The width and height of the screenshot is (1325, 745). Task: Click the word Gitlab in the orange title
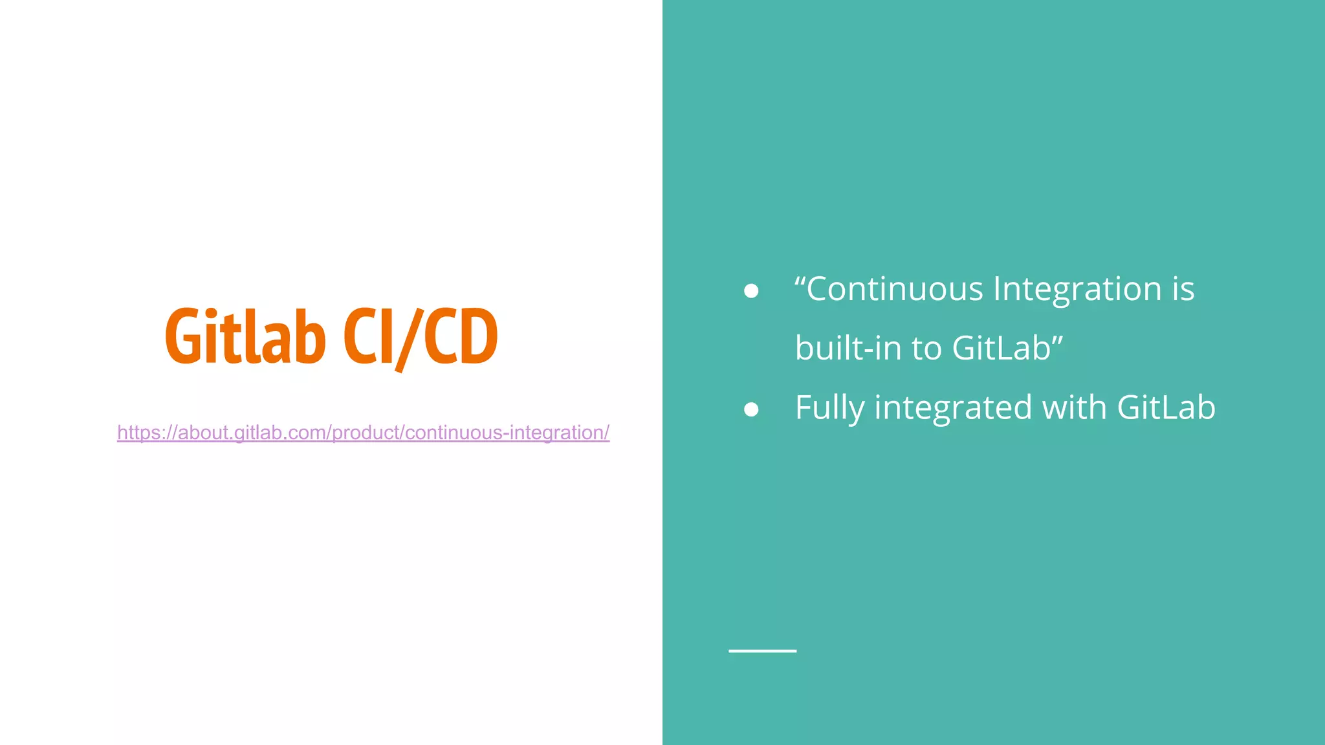pyautogui.click(x=245, y=336)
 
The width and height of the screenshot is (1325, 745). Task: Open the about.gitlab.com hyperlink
pyautogui.click(x=363, y=433)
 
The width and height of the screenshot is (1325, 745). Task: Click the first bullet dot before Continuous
pyautogui.click(x=751, y=291)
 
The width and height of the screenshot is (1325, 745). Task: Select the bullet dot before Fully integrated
pyautogui.click(x=751, y=409)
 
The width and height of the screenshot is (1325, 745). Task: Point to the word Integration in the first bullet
pyautogui.click(x=1077, y=289)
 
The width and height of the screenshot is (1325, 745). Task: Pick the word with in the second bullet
pyautogui.click(x=1074, y=408)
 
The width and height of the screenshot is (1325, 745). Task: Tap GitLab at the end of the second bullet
pyautogui.click(x=1166, y=408)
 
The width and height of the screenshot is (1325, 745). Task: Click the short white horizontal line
pyautogui.click(x=762, y=651)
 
